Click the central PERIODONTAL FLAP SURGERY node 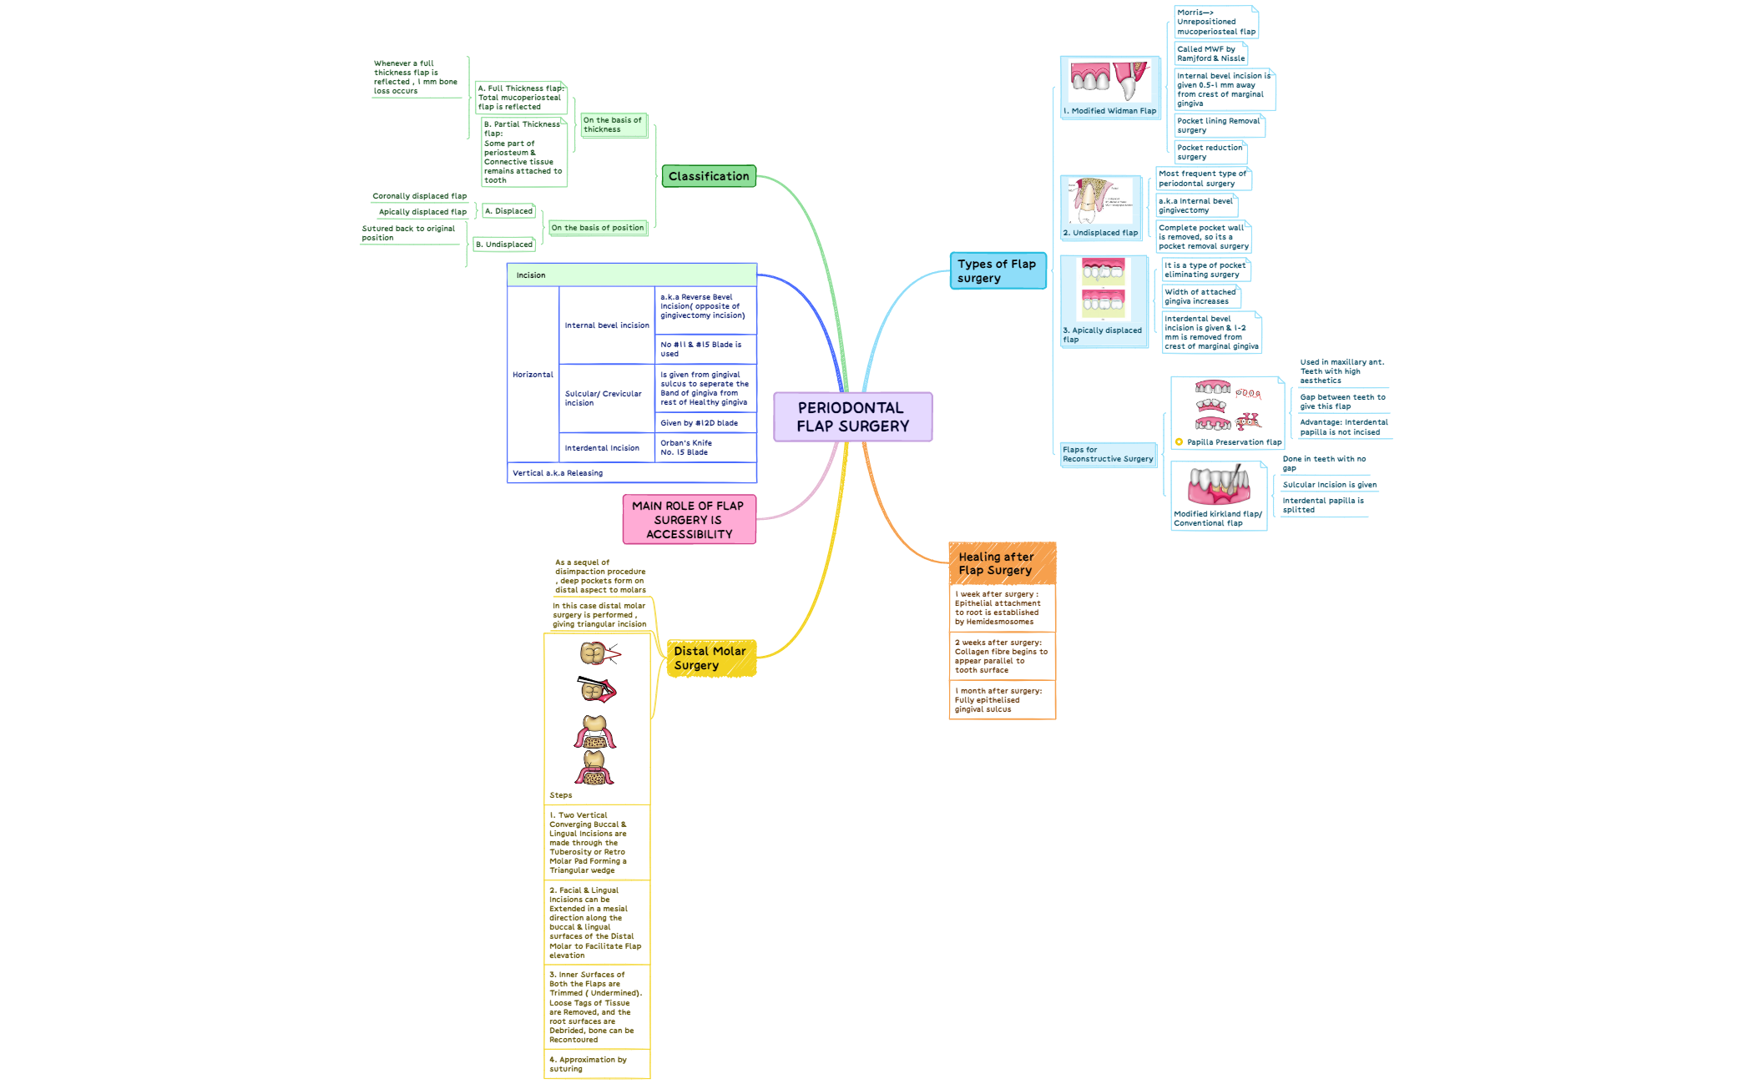click(852, 416)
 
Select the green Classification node click(709, 176)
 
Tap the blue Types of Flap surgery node click(998, 271)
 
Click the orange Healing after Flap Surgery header click(1002, 563)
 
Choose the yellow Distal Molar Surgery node click(711, 658)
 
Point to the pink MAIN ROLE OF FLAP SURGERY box click(689, 519)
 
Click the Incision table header click(632, 275)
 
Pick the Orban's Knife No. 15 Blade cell click(705, 448)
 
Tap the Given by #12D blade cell click(705, 423)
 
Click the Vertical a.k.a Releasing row click(632, 473)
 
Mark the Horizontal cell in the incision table click(533, 375)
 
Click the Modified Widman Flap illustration click(1109, 82)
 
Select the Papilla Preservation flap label click(1234, 442)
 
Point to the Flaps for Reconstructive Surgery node click(1109, 454)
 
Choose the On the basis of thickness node click(614, 125)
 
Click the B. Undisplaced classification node click(504, 245)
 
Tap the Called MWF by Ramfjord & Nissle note click(1210, 53)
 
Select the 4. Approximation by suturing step click(597, 1064)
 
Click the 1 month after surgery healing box click(1002, 700)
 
